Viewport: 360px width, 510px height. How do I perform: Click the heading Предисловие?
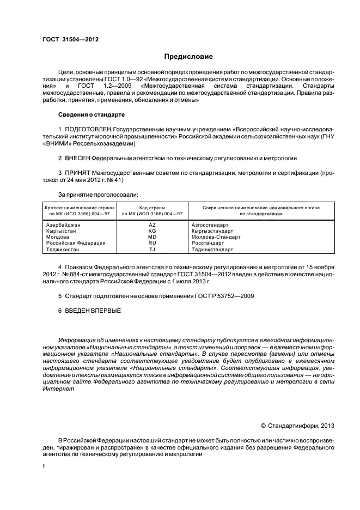click(189, 57)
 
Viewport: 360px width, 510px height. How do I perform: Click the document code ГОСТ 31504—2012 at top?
click(71, 39)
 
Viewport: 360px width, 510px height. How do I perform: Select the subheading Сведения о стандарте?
click(91, 115)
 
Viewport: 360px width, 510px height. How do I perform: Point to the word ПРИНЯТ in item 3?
click(77, 173)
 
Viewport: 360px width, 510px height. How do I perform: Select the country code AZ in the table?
click(152, 225)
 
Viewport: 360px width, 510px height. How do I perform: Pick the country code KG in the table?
click(152, 231)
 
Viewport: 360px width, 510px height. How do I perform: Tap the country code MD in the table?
click(152, 237)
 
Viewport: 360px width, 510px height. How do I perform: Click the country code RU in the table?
click(152, 243)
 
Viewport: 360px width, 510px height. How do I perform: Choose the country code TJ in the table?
click(152, 250)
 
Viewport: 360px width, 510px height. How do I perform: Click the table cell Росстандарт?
click(208, 243)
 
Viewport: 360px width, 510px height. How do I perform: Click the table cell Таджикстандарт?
click(212, 250)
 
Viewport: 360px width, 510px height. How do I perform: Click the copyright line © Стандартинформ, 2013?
click(298, 424)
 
